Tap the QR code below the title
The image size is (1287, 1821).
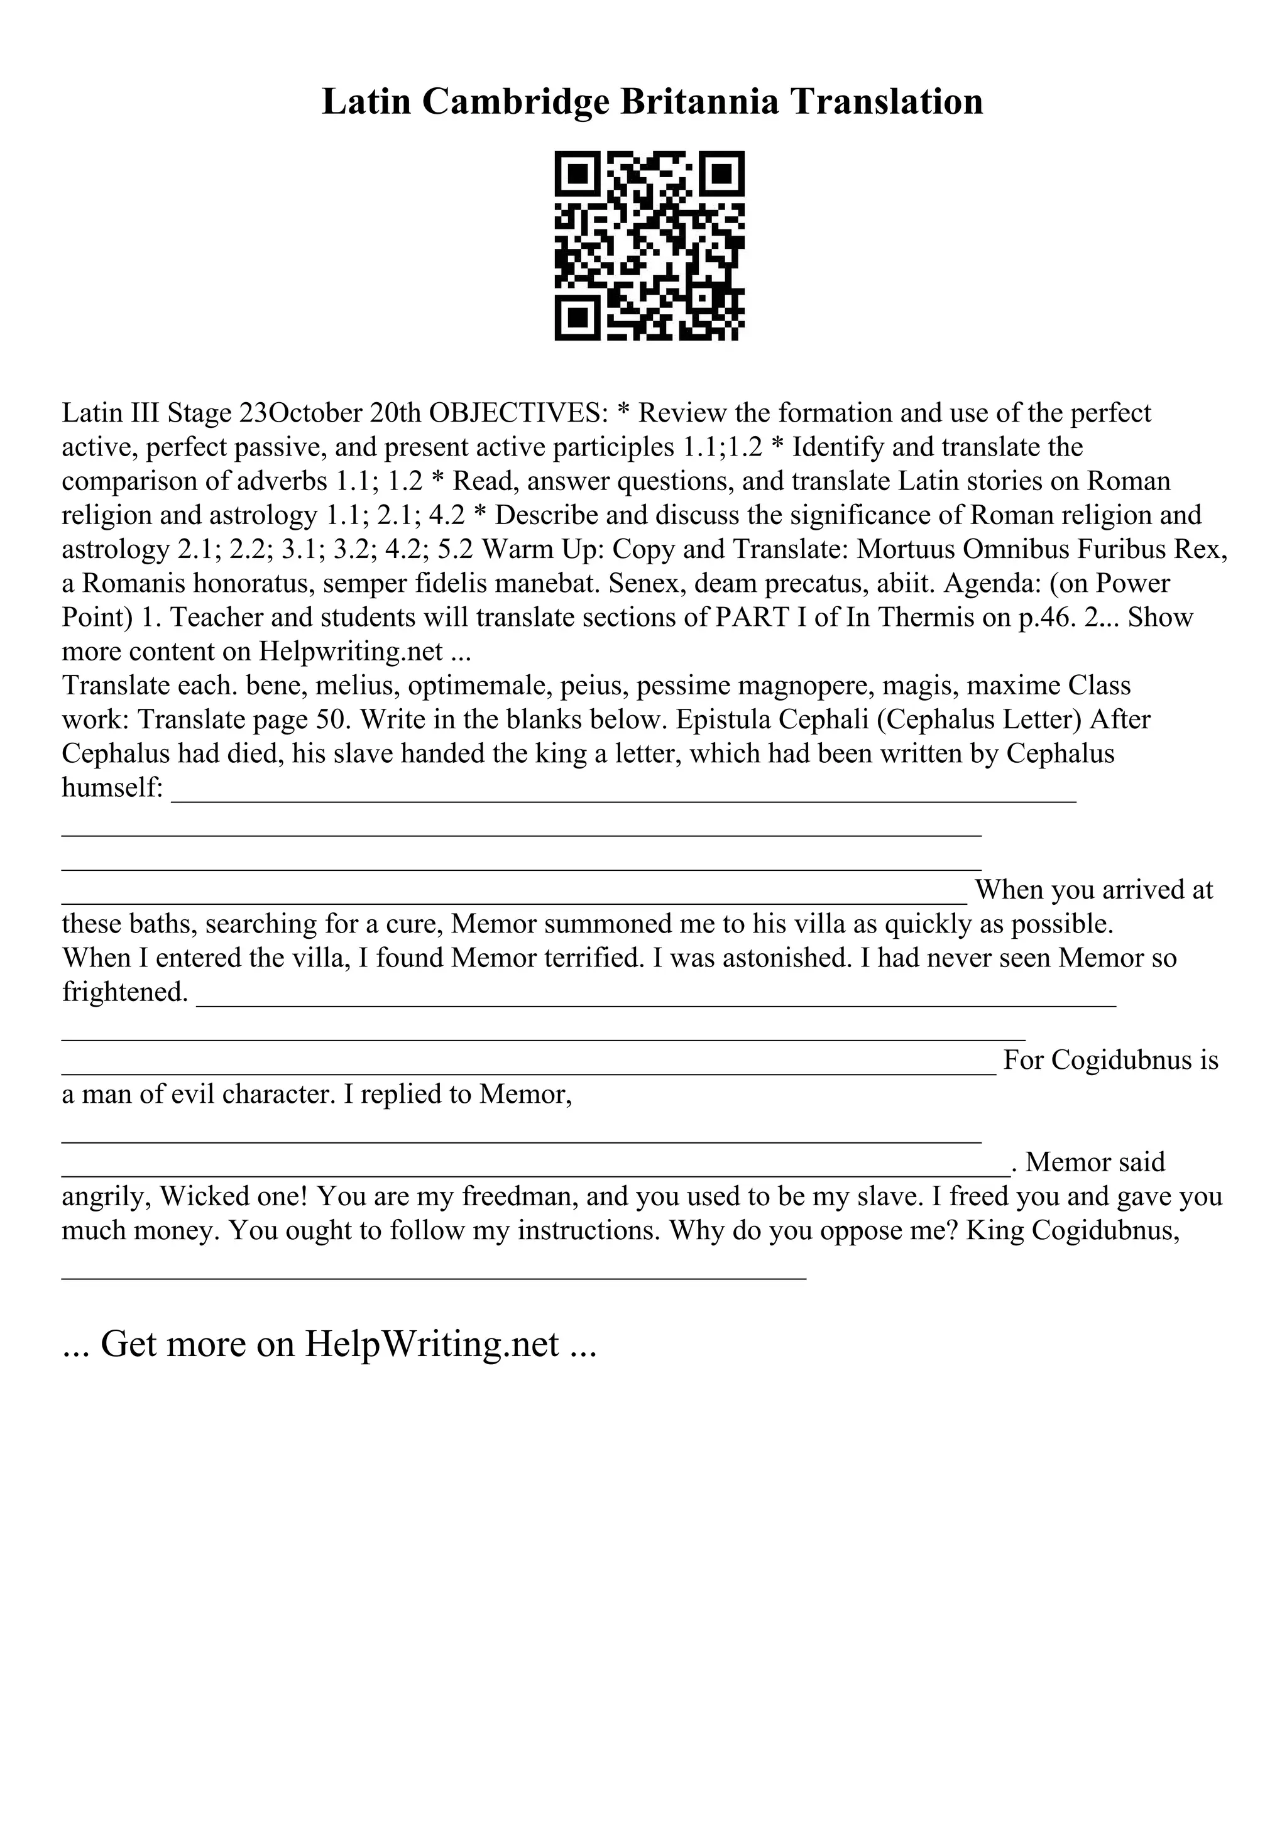(x=649, y=246)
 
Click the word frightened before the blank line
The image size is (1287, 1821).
(x=124, y=992)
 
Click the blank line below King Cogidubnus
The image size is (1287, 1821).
(x=434, y=1277)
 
